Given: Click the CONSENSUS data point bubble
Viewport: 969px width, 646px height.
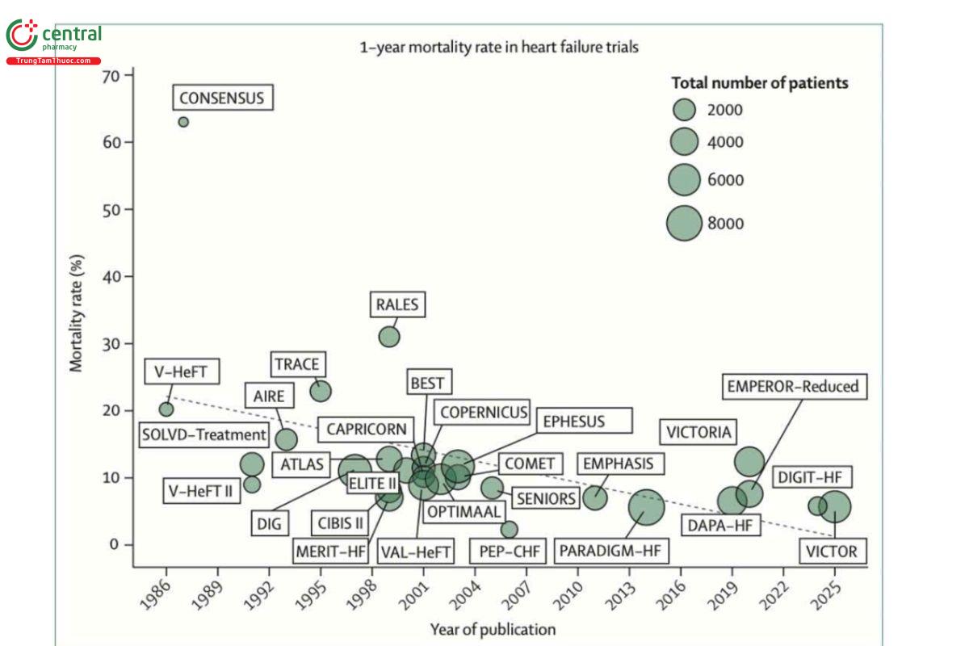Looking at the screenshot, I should tap(183, 122).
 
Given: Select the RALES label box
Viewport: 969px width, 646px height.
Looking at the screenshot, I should tap(397, 304).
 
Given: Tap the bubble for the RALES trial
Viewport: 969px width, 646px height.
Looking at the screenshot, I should tap(389, 336).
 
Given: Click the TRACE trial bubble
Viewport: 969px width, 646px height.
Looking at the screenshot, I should tap(321, 391).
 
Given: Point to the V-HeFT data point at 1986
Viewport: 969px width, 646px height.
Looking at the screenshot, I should tap(166, 409).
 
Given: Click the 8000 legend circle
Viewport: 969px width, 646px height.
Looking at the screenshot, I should tap(685, 224).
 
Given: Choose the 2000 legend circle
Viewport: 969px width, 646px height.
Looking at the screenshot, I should tap(685, 109).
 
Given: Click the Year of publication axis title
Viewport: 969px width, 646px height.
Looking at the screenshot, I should tap(493, 629).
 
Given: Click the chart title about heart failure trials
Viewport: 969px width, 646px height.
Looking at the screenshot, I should tap(499, 47).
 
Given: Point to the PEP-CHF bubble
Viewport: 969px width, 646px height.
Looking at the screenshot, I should tap(509, 530).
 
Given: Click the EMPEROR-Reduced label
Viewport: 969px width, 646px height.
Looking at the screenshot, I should tap(791, 387).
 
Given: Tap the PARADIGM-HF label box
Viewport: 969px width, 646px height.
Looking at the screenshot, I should tap(614, 552).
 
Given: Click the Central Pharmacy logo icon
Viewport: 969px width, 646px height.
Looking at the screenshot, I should tap(22, 36).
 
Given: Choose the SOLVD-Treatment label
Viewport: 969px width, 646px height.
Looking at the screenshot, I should tap(203, 434).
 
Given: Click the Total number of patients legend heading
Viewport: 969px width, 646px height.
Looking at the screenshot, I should tap(760, 82).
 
